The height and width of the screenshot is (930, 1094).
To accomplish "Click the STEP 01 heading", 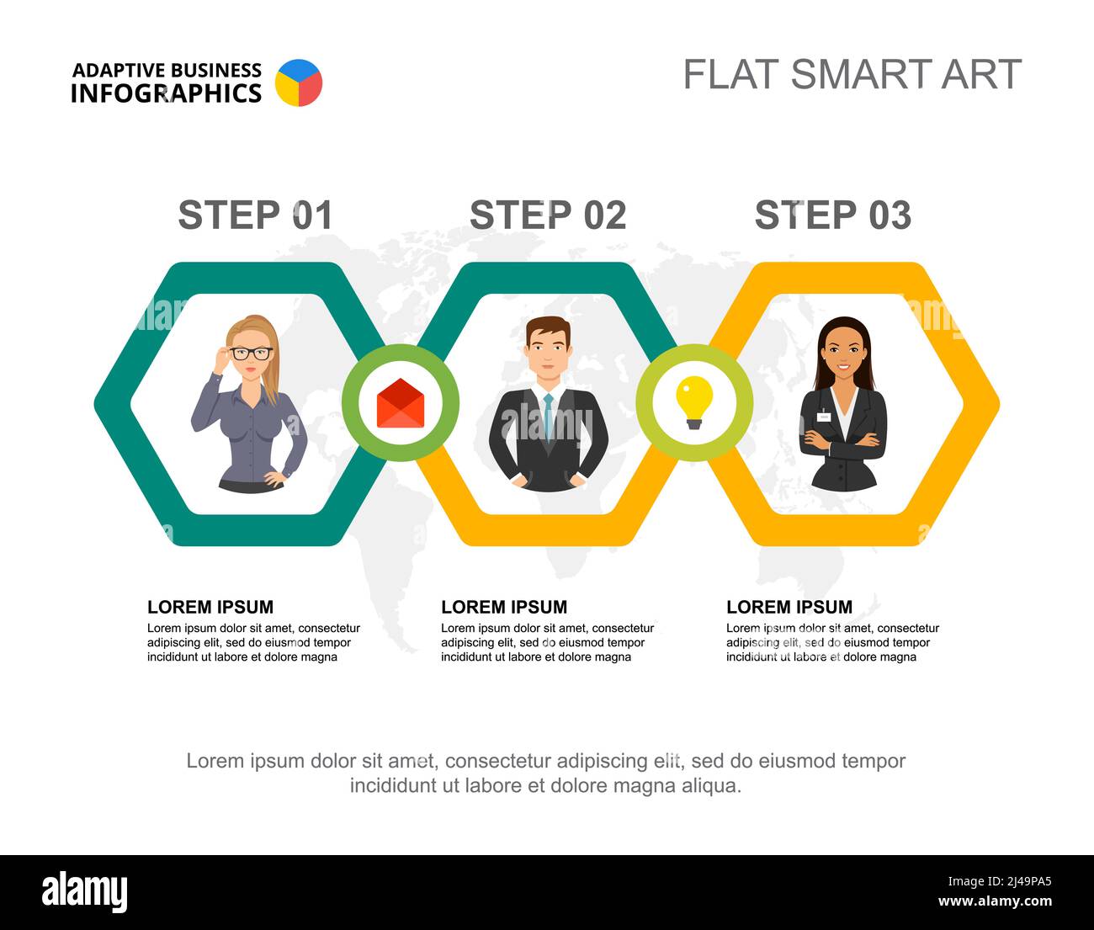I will tap(255, 215).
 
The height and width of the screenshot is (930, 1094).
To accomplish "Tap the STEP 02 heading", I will tap(548, 215).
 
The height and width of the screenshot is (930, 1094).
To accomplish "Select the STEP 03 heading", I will tap(832, 215).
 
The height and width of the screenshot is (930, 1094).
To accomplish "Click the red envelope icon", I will tap(401, 403).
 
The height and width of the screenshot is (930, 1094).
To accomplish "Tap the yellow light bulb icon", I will tap(694, 401).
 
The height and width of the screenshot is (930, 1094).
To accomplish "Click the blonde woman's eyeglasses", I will tap(252, 353).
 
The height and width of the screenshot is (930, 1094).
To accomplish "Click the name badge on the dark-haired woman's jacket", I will tap(824, 417).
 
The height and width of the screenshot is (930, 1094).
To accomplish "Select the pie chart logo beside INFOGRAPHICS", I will tap(299, 82).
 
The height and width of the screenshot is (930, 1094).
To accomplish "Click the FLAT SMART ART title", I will tap(852, 74).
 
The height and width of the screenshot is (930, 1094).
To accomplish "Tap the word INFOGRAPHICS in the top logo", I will tap(166, 93).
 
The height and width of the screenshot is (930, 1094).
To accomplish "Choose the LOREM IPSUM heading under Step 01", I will tap(210, 607).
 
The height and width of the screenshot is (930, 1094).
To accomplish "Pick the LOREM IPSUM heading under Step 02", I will tap(504, 607).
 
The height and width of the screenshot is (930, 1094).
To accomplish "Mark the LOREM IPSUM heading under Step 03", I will tap(789, 607).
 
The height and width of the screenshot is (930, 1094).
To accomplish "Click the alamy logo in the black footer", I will tap(85, 892).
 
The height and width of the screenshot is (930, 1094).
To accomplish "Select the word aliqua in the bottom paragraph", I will tap(712, 786).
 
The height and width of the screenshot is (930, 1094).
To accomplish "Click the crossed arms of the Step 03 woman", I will tap(842, 440).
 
